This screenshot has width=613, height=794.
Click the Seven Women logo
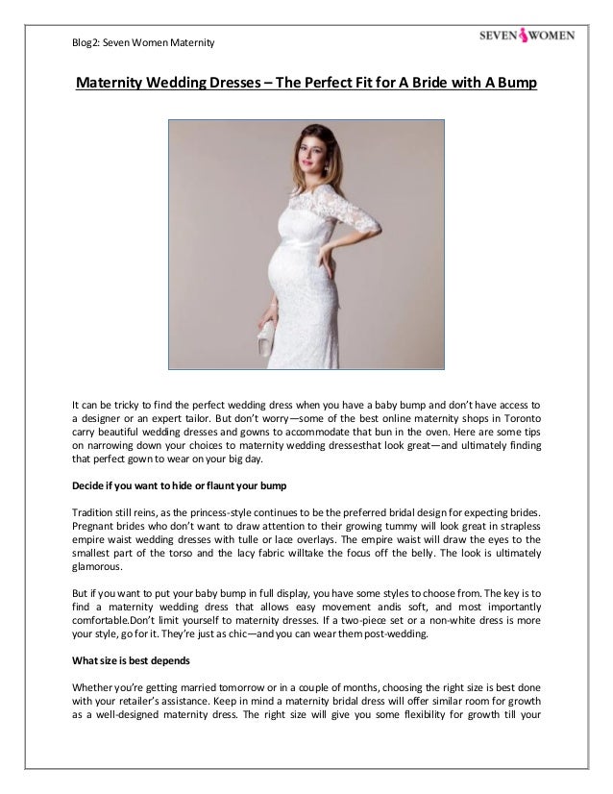click(527, 38)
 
